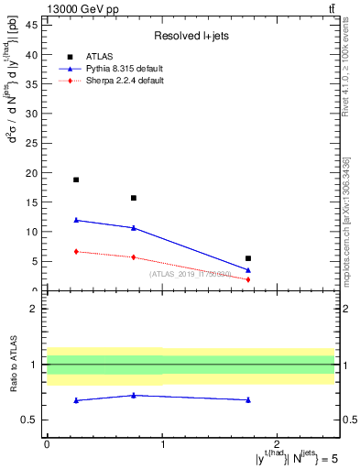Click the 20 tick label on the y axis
coord(35,173)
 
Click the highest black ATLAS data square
coord(76,180)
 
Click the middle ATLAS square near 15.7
coord(134,198)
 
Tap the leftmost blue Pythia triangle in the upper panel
coord(76,220)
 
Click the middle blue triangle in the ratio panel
coord(134,396)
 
